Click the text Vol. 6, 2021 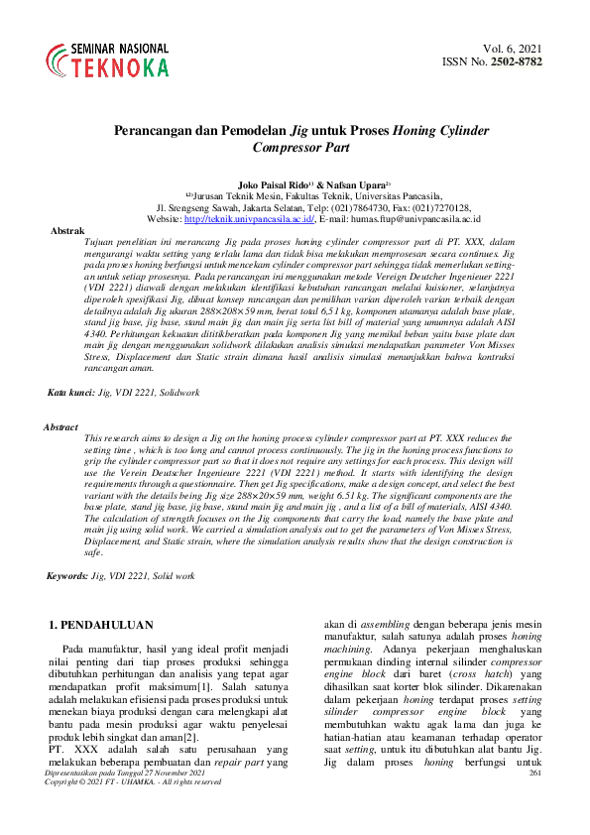tap(514, 49)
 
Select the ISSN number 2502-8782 tap(519, 62)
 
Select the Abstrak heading tap(67, 230)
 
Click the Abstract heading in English tap(61, 426)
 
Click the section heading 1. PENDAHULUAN tap(101, 626)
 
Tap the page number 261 tap(536, 800)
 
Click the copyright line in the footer tap(133, 810)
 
